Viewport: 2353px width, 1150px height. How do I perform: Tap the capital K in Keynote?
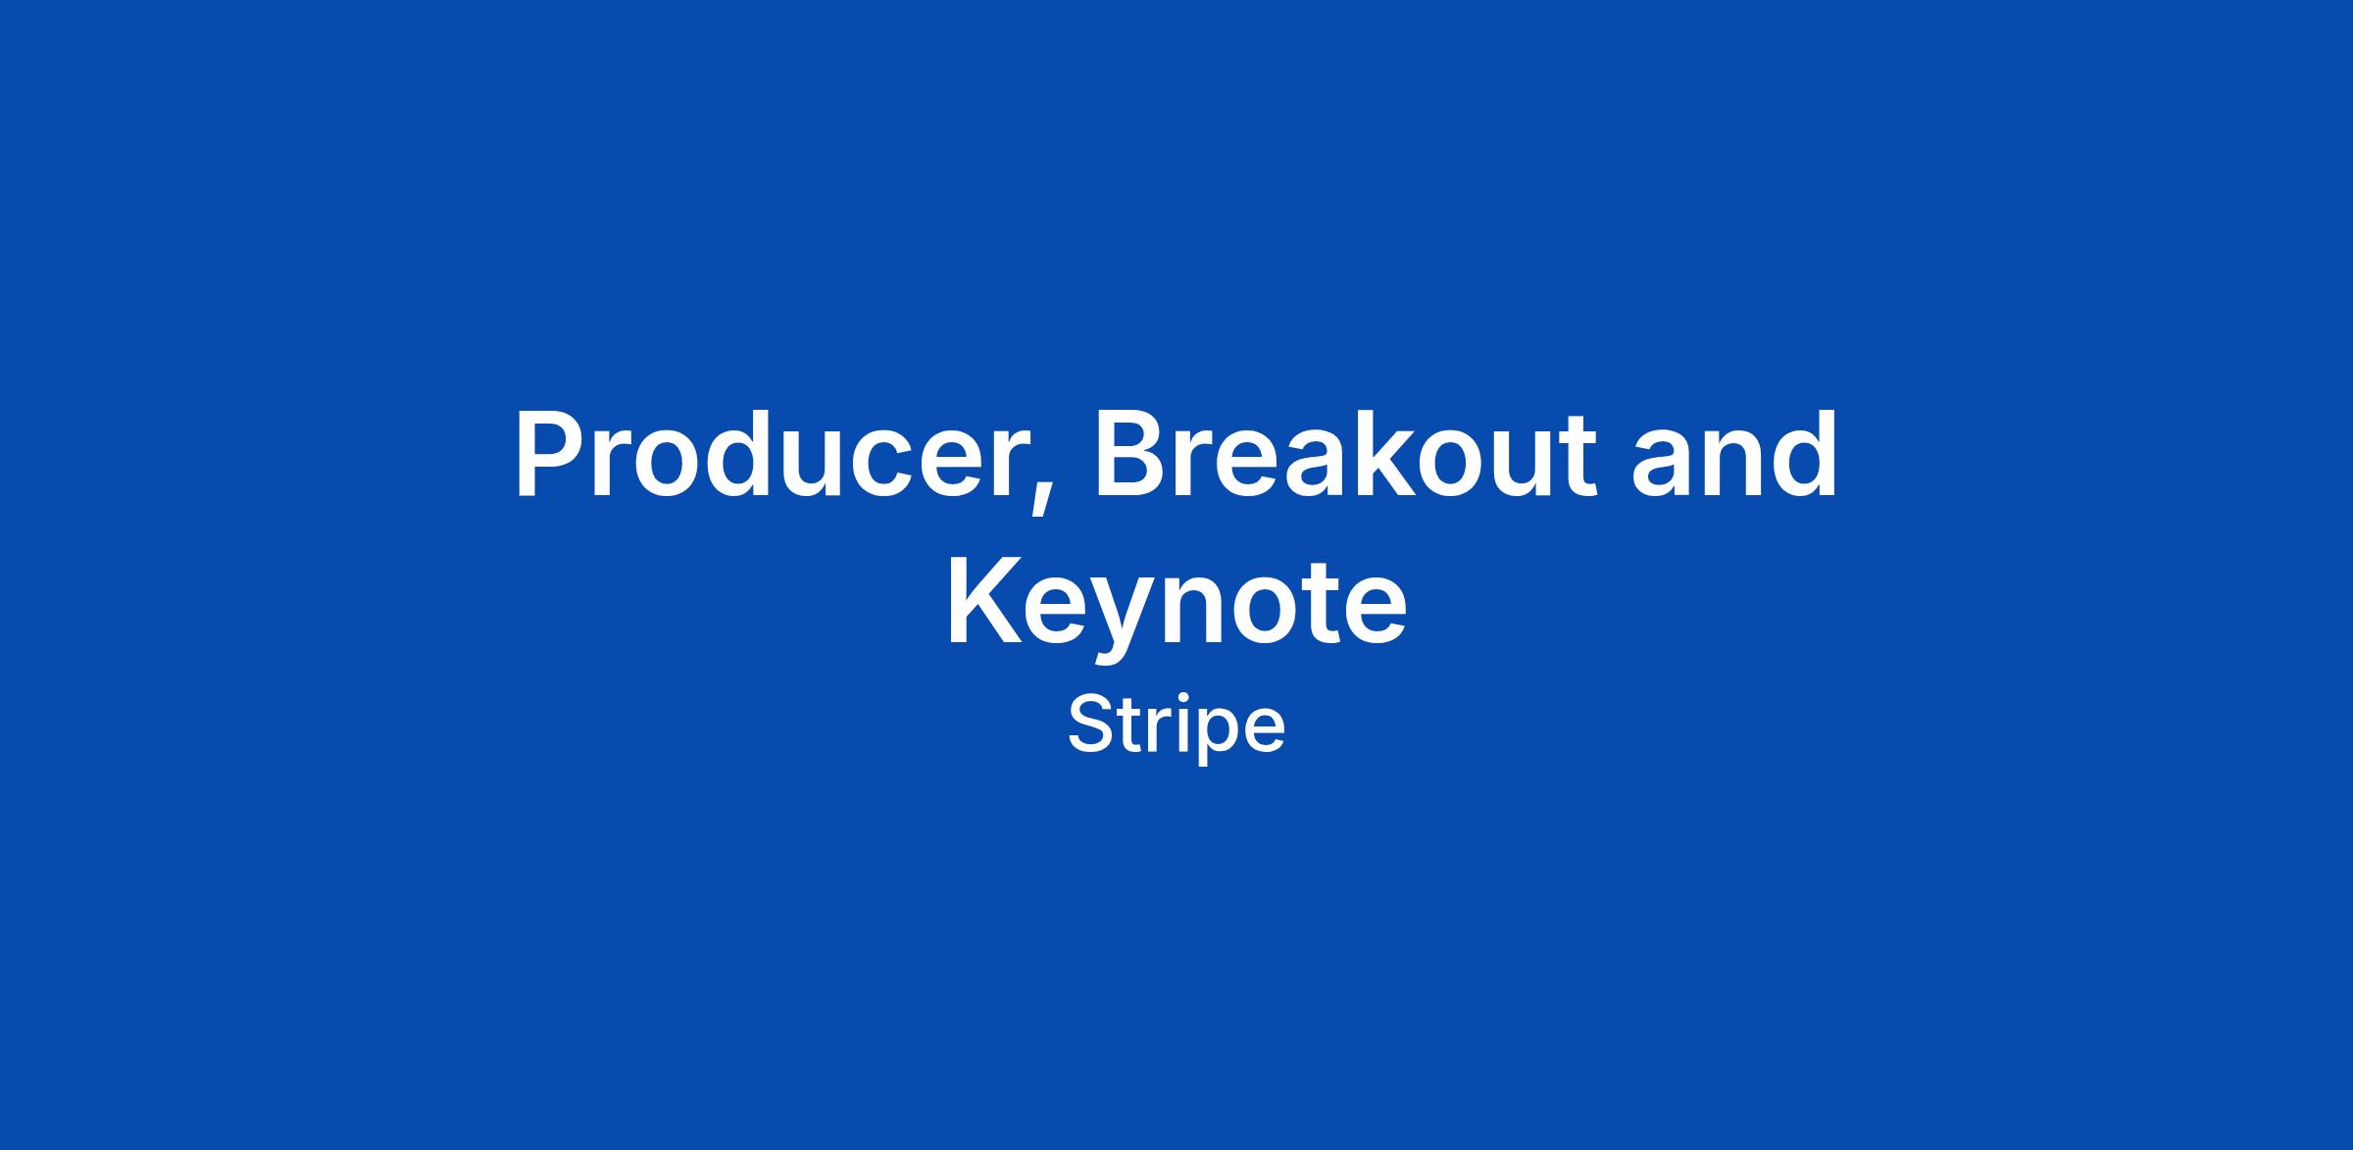985,602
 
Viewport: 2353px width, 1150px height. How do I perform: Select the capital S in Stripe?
1091,725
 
